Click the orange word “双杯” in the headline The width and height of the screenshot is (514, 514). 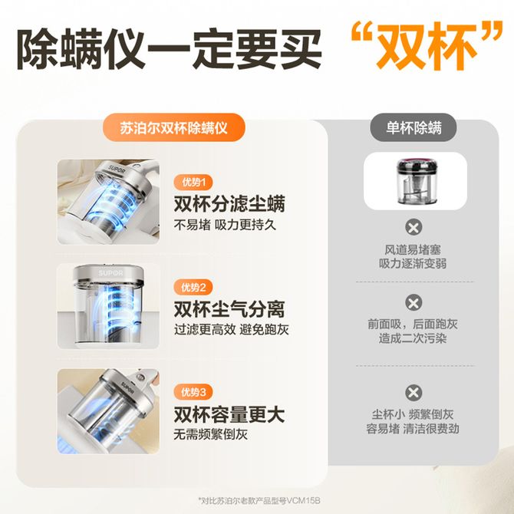tap(426, 45)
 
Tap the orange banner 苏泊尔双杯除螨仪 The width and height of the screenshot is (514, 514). tap(173, 127)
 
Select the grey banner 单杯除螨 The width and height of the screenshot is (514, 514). tap(414, 127)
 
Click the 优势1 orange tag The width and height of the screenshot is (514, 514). tap(193, 183)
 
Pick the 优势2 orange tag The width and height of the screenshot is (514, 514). tap(193, 288)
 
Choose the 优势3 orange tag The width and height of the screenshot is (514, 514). tap(193, 392)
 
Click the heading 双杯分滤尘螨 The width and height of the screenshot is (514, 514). tap(229, 203)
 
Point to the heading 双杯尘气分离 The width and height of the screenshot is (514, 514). tap(229, 309)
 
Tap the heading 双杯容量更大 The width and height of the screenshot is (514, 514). tap(229, 414)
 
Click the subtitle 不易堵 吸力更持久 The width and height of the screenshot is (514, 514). tap(225, 225)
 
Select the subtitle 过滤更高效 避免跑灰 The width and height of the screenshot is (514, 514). tap(231, 329)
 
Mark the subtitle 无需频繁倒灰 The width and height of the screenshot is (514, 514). tap(210, 435)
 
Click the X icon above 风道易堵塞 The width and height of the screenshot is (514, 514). tap(414, 227)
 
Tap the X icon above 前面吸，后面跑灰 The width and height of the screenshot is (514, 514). tap(414, 302)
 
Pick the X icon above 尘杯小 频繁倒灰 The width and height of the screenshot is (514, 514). tap(414, 393)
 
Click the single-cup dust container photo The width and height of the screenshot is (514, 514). tap(415, 181)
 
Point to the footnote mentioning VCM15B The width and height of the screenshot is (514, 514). tap(259, 501)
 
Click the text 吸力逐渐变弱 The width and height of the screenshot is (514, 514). tap(413, 264)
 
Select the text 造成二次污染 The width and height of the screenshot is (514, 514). tap(413, 338)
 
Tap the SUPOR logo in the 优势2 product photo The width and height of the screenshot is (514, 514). tap(110, 273)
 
